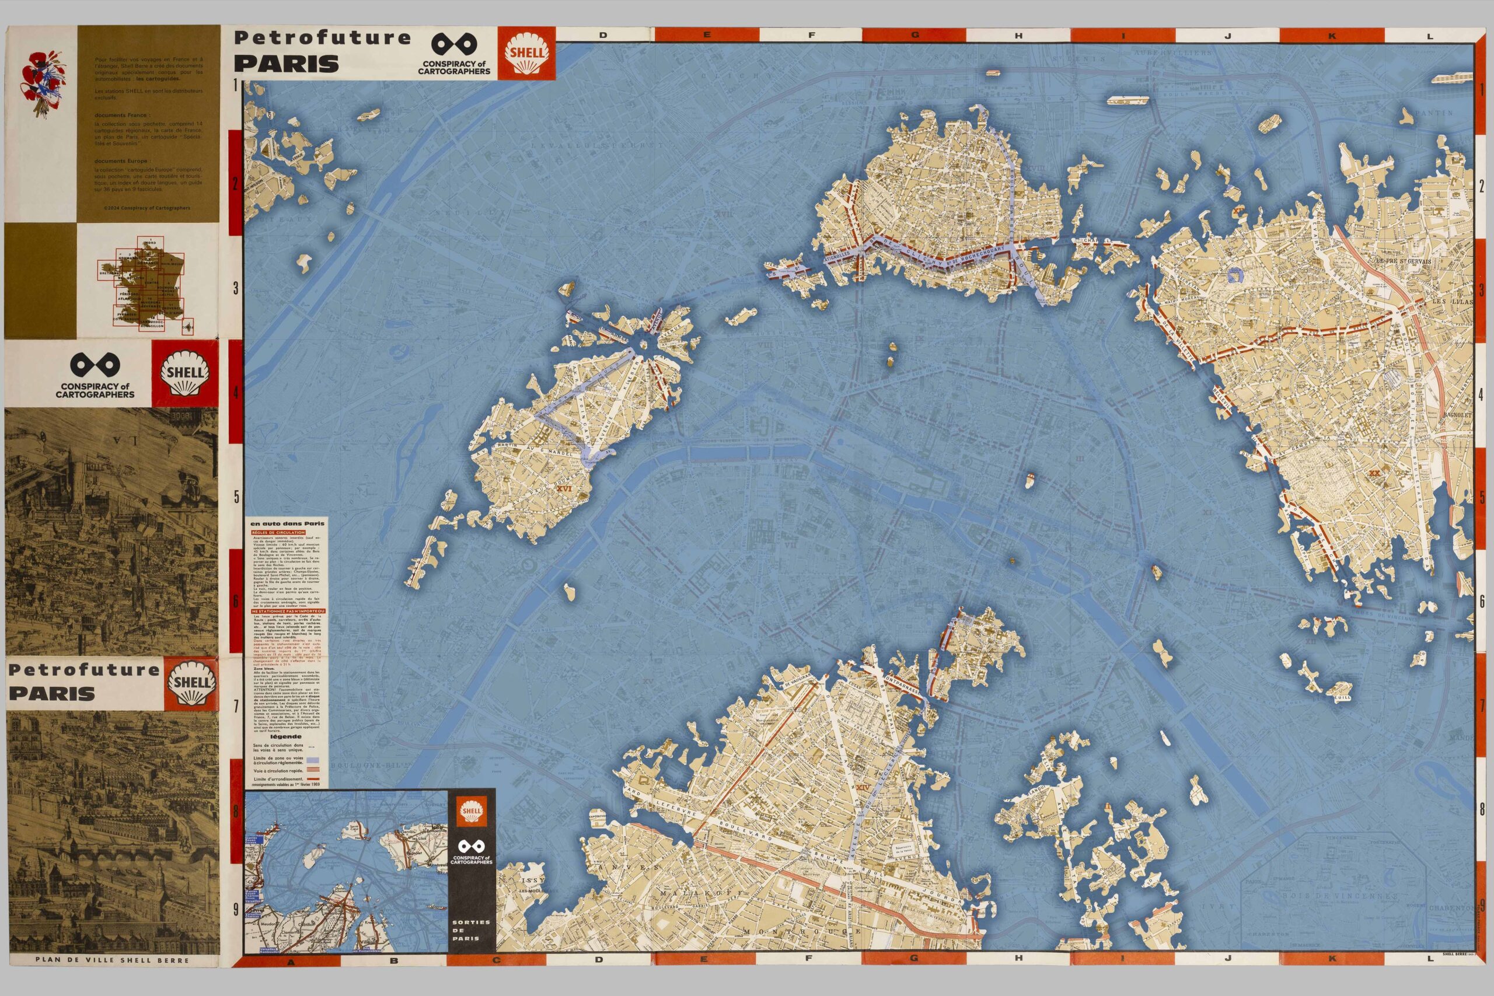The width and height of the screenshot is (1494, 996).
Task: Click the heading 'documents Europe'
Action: point(121,162)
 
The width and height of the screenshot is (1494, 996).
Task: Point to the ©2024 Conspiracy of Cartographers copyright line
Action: point(146,208)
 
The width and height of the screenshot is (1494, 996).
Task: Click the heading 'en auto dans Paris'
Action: point(288,523)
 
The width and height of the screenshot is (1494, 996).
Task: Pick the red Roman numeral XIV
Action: point(862,788)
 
